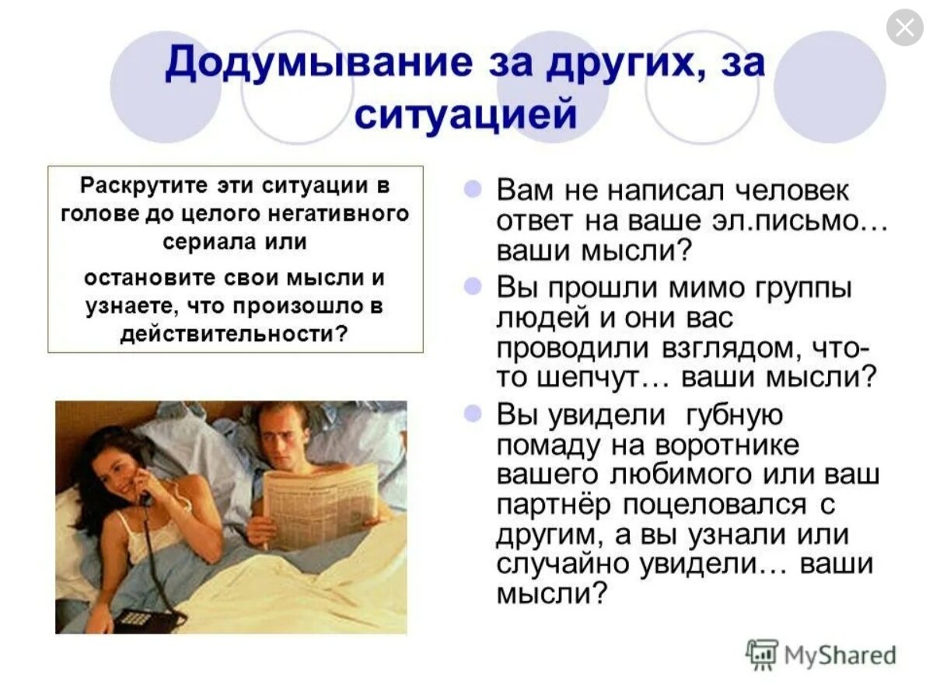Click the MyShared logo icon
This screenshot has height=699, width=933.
[x=762, y=654]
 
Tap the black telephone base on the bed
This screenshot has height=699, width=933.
[x=148, y=618]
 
